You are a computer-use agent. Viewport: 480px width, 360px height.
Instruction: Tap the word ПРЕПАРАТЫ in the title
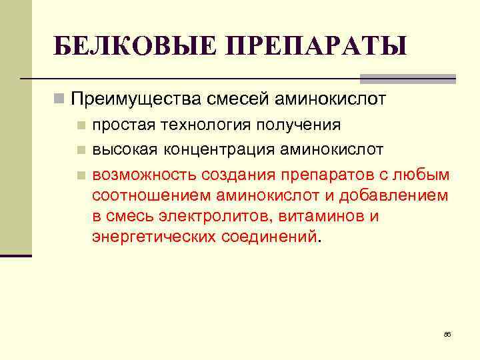(x=316, y=47)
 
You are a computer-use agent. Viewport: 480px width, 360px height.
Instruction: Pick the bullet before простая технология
(x=81, y=125)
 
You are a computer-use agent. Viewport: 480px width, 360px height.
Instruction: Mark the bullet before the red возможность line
(x=81, y=175)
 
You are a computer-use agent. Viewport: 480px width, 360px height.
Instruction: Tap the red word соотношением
(x=152, y=195)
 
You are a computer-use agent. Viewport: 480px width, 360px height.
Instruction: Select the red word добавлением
(x=391, y=195)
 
